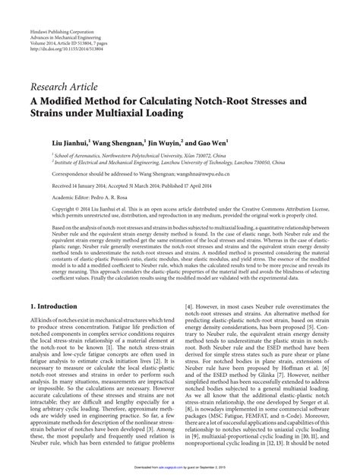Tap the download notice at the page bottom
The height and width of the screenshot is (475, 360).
tap(180, 470)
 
